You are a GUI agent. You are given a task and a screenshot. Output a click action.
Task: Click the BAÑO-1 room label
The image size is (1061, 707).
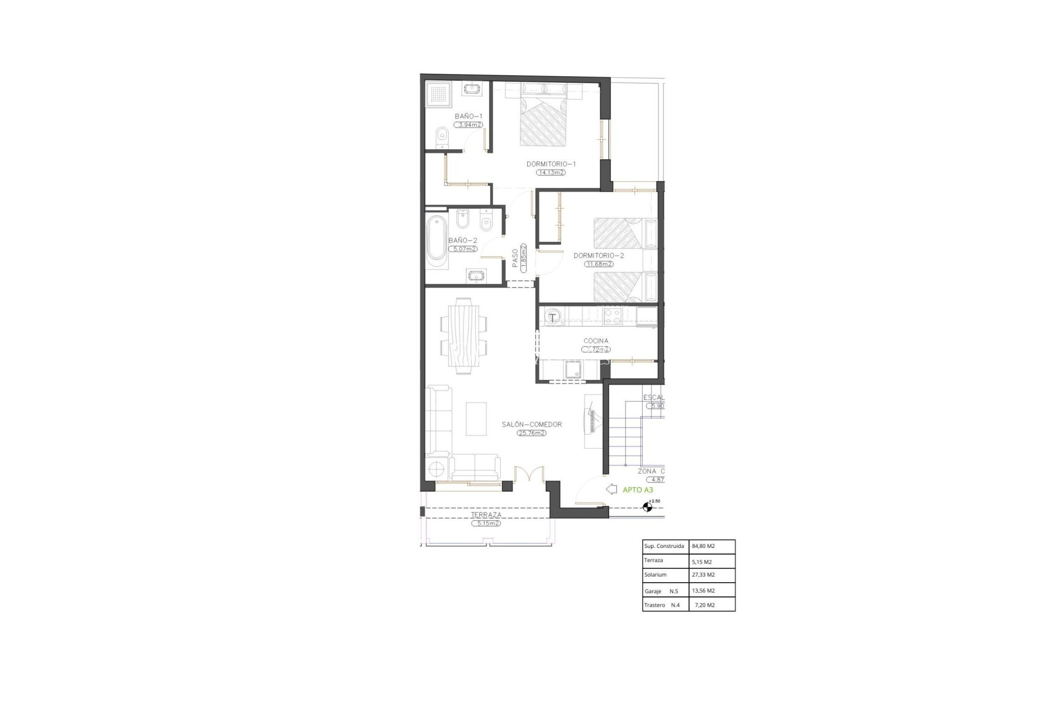469,116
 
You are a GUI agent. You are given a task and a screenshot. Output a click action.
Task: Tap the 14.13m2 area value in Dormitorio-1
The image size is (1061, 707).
551,172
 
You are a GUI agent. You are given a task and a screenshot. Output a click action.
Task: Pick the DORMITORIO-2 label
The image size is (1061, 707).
598,256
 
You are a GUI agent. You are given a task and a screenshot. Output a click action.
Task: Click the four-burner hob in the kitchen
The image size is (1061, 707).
613,316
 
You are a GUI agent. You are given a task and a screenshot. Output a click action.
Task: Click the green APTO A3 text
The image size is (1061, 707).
638,489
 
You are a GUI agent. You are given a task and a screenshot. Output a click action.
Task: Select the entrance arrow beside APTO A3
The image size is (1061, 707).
611,489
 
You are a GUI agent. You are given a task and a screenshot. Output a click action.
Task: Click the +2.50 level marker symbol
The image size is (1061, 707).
648,506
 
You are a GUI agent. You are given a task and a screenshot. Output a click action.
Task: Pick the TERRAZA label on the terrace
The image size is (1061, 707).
486,515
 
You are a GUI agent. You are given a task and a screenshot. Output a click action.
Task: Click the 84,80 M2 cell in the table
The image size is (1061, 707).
703,546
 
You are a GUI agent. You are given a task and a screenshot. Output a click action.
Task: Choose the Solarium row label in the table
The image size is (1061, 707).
655,574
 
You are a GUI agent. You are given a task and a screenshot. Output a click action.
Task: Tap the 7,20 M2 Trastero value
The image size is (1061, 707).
704,605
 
